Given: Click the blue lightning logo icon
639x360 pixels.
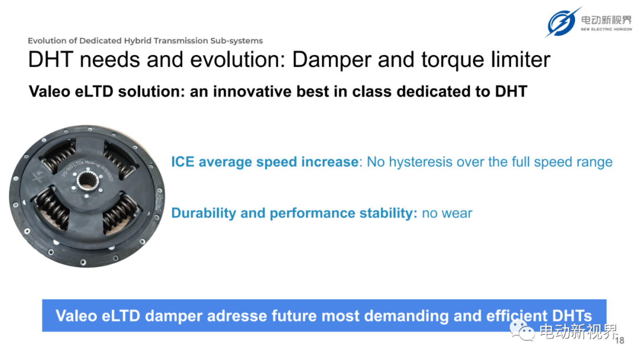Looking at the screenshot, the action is (x=563, y=22).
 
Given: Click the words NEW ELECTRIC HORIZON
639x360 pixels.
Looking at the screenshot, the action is (x=606, y=30).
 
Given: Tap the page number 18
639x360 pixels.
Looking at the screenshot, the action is (x=619, y=341).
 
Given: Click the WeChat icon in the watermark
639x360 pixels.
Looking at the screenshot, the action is (x=522, y=331).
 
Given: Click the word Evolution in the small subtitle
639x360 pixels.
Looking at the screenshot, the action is (x=47, y=41).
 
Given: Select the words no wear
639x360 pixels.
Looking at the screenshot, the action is (x=447, y=213).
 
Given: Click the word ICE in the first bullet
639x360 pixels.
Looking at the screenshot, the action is (x=183, y=162).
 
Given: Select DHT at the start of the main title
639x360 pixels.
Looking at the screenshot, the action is (x=50, y=60).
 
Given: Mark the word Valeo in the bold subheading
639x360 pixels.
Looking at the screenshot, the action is (x=49, y=91).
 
